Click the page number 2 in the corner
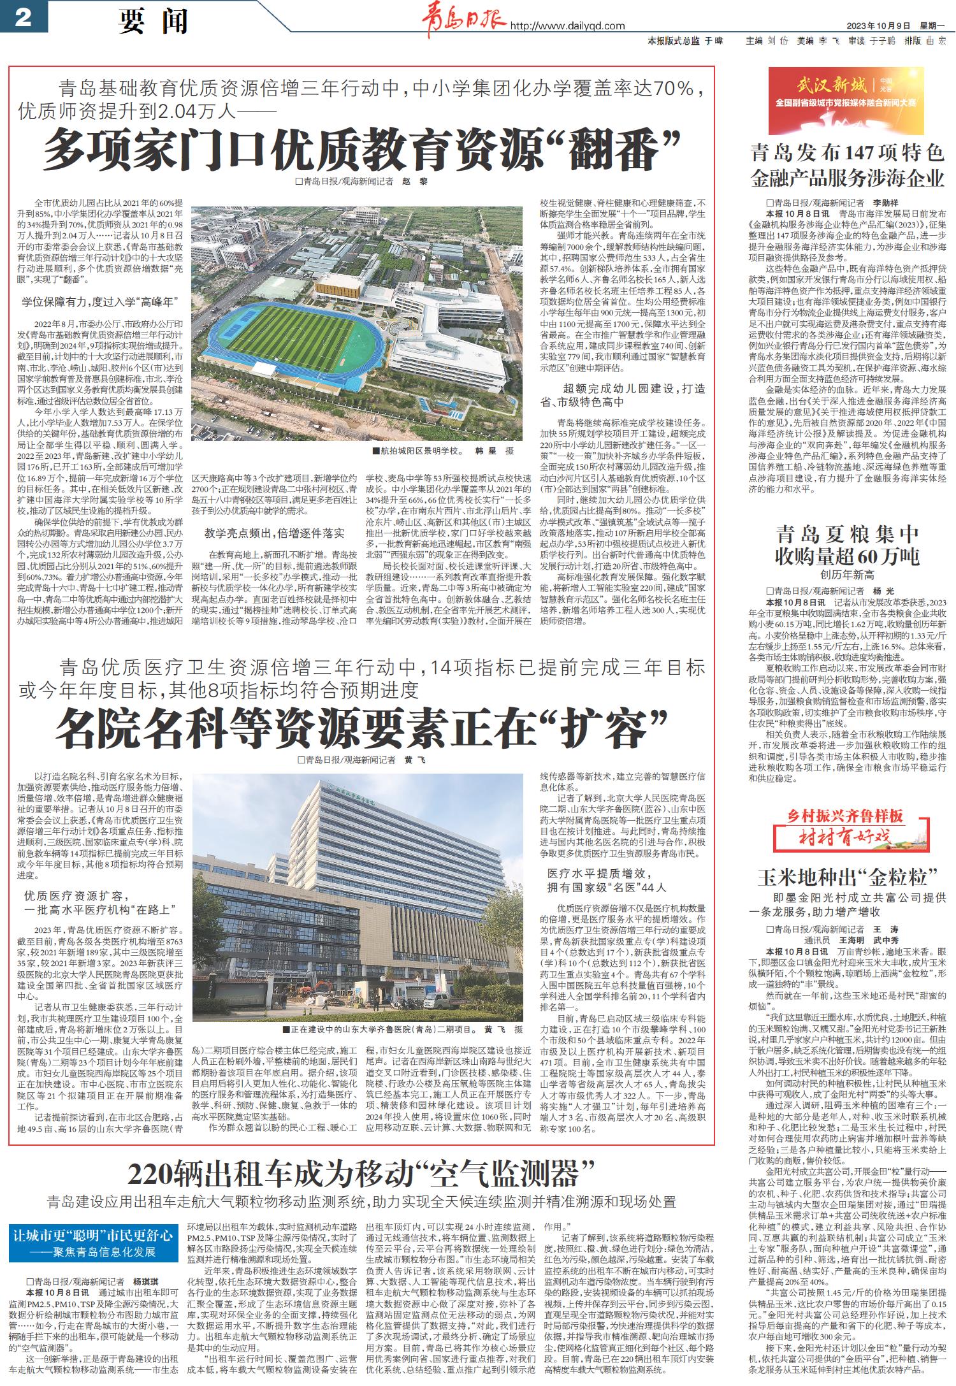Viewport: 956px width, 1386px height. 24,18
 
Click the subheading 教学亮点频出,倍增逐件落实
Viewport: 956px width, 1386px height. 274,533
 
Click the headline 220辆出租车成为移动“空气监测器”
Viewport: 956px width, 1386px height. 361,1171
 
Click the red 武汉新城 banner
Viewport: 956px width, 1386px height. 846,94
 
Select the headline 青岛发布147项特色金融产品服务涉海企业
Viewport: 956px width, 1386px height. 847,165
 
